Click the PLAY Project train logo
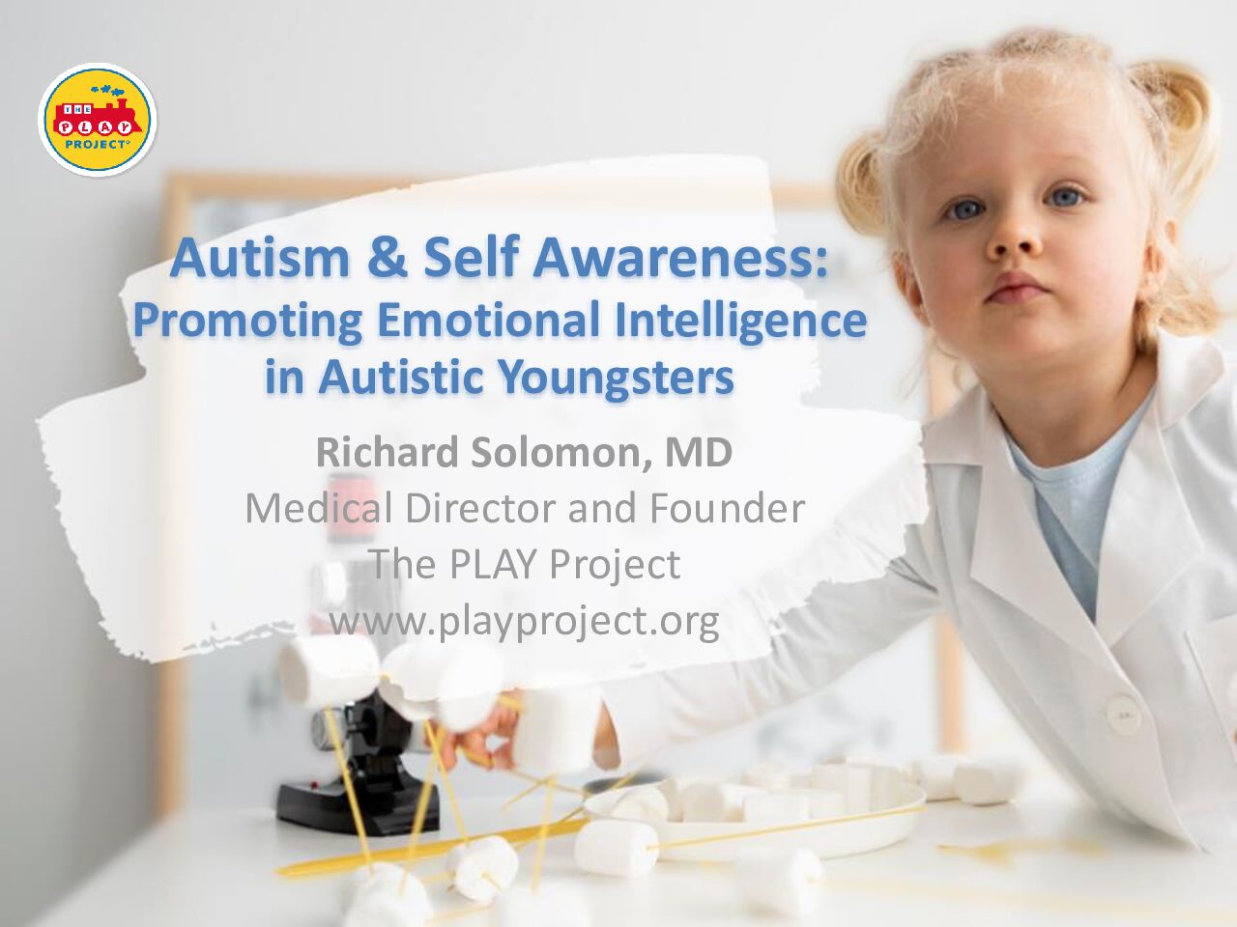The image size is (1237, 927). coord(98,120)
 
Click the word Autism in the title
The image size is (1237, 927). coord(260,259)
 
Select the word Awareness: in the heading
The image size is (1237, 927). coord(680,259)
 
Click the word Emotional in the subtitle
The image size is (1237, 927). coord(489,319)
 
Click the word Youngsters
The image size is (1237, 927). coord(618,379)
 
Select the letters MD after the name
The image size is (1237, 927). coord(699,453)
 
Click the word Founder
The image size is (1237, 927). coord(727,508)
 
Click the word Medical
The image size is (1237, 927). coord(319,508)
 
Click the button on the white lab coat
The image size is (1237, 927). coord(1116,716)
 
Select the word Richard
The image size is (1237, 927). coord(388,453)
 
